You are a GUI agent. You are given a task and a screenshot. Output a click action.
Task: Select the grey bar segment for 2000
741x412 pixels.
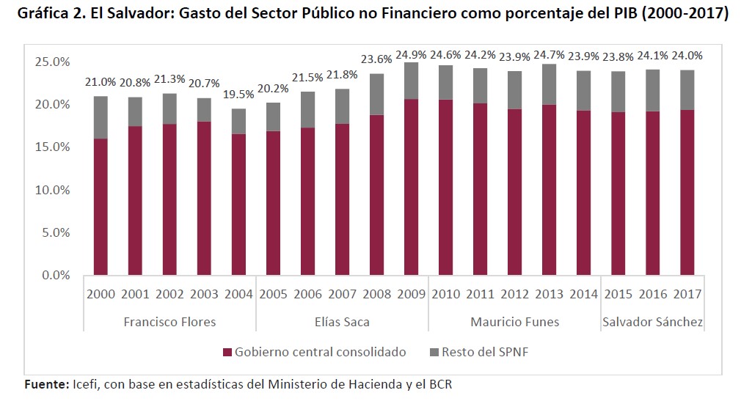click(x=101, y=117)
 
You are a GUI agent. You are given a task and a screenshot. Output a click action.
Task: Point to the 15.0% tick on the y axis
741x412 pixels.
click(x=51, y=147)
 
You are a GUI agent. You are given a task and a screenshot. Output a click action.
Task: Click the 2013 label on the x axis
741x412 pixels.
click(x=549, y=294)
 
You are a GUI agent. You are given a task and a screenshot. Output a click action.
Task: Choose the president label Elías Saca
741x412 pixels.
click(x=342, y=322)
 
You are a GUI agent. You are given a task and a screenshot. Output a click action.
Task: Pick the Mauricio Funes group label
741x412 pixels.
click(x=514, y=322)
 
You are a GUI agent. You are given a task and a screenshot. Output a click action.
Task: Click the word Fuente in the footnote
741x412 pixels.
click(x=46, y=384)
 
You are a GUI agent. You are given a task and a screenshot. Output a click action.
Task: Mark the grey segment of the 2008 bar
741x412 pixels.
click(x=376, y=94)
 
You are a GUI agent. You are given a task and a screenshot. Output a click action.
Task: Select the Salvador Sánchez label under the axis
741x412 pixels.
click(x=652, y=322)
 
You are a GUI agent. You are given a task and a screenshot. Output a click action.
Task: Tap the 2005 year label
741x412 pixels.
click(x=273, y=294)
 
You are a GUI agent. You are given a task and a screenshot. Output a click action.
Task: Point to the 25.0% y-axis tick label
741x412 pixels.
click(x=51, y=62)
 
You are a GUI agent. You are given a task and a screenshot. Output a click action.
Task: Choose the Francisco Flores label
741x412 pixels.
click(x=169, y=322)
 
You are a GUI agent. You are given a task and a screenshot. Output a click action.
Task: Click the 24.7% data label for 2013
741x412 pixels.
click(x=549, y=55)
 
